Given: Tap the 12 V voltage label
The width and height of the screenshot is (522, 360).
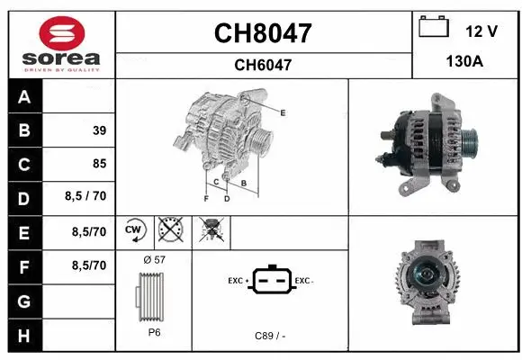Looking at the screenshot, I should click(481, 31).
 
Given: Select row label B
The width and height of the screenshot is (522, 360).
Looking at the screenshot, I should click(23, 130).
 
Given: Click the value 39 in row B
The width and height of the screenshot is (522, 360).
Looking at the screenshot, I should click(98, 130).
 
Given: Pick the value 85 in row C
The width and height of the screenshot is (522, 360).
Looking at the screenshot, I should click(98, 164).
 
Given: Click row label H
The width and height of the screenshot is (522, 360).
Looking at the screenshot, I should click(23, 335).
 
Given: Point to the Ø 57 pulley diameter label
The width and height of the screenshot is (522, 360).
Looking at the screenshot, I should click(153, 259).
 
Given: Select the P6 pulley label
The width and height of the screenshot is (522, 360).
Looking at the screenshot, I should click(154, 331).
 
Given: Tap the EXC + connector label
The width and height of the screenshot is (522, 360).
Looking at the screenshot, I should click(238, 281).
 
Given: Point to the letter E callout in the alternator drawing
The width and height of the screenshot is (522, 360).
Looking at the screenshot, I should click(283, 112).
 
